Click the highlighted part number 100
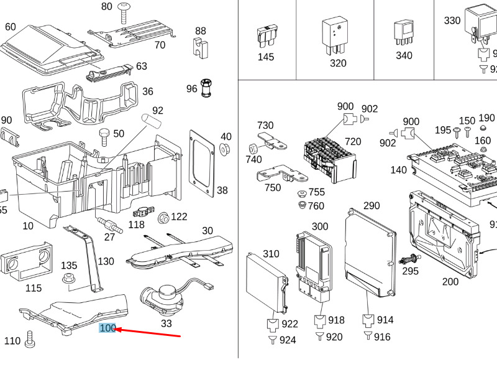pyautogui.click(x=107, y=328)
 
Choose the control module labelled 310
pyautogui.click(x=267, y=281)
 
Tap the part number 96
pyautogui.click(x=191, y=89)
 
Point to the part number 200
pyautogui.click(x=450, y=282)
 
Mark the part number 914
pyautogui.click(x=385, y=320)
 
